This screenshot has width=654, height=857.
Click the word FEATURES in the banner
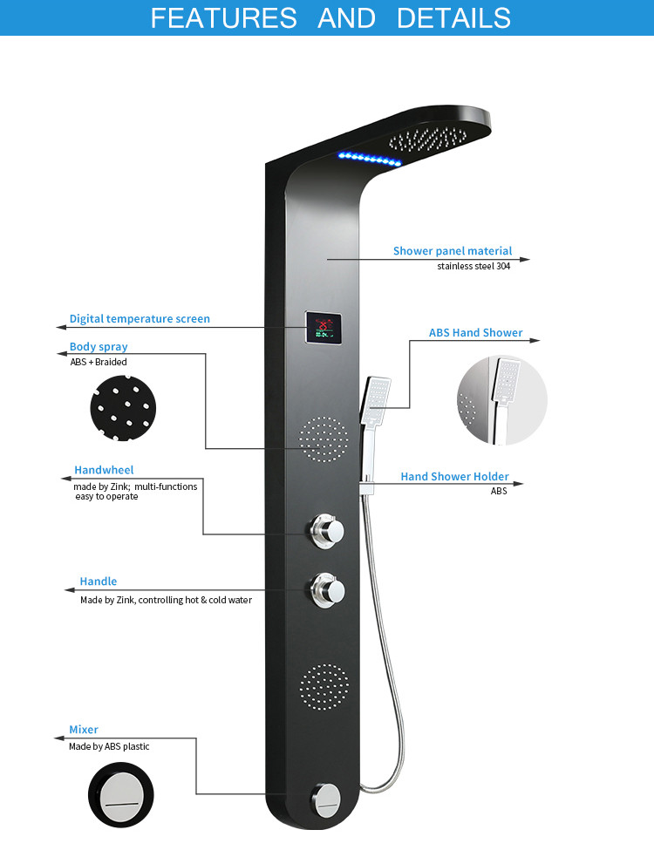(x=223, y=18)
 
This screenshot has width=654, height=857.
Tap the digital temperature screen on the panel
(x=324, y=328)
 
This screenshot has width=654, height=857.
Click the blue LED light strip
(x=370, y=159)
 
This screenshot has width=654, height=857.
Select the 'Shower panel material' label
(x=453, y=251)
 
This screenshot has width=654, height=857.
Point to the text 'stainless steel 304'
(x=473, y=266)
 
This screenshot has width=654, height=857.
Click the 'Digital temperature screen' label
(x=140, y=318)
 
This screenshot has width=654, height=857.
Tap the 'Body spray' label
(x=99, y=346)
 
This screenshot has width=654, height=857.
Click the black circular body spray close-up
(x=123, y=408)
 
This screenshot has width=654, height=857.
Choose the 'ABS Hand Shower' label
(x=476, y=332)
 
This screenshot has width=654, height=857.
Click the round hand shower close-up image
(x=502, y=400)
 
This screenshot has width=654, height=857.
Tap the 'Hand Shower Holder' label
(x=454, y=477)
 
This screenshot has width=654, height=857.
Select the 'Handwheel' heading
(x=104, y=470)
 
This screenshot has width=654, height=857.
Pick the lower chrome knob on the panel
(x=328, y=590)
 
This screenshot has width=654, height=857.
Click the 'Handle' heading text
(x=99, y=582)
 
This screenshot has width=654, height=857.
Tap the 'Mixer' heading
(x=84, y=730)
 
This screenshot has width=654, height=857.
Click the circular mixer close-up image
(x=121, y=795)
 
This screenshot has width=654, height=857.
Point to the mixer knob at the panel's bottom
(x=326, y=801)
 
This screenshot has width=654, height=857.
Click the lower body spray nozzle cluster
(x=324, y=687)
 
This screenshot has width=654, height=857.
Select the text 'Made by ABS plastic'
(x=109, y=746)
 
